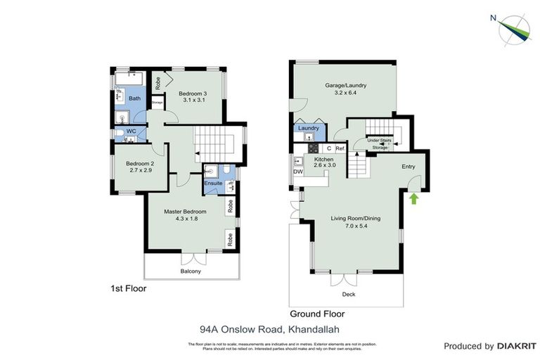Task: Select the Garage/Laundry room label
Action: [345, 86]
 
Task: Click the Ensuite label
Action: [214, 184]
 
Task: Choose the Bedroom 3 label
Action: [192, 94]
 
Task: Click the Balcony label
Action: [191, 271]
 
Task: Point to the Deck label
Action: [349, 294]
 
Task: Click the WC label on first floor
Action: [131, 131]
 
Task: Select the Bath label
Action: [134, 98]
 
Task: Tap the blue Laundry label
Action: [309, 128]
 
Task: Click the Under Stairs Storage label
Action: [380, 144]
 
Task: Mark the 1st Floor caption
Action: [129, 288]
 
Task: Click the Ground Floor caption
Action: [317, 314]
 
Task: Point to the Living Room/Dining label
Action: [355, 219]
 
